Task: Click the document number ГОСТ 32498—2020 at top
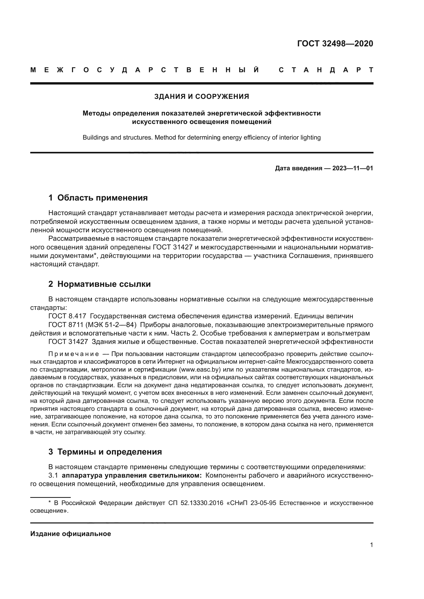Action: click(x=335, y=44)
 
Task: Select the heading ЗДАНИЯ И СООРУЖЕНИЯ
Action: click(x=201, y=97)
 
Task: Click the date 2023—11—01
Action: click(x=352, y=168)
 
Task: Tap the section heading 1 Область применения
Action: click(x=98, y=198)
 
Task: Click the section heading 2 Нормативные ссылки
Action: click(x=99, y=284)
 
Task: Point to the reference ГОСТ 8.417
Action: click(x=67, y=316)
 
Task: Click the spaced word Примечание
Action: click(x=74, y=354)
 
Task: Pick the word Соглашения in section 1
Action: click(x=307, y=256)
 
